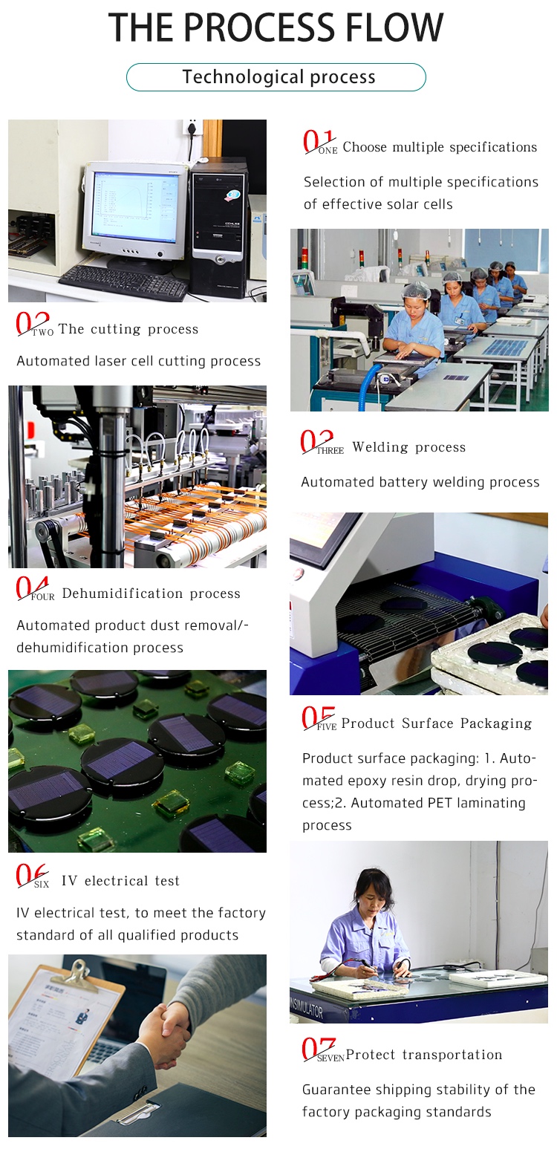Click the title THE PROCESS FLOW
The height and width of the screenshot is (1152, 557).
[x=276, y=27]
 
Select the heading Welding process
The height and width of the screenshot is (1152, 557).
[x=409, y=447]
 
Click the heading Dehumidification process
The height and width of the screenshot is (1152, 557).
[x=152, y=593]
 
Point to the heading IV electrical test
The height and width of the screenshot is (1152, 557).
[x=120, y=880]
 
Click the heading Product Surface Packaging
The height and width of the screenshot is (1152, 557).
[x=437, y=723]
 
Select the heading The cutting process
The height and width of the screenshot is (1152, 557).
[x=128, y=328]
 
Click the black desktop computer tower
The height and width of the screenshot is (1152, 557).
[x=219, y=227]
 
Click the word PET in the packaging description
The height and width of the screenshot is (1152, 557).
[x=440, y=803]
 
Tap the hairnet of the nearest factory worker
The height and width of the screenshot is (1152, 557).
[x=416, y=290]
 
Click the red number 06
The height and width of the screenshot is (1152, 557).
[x=32, y=875]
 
